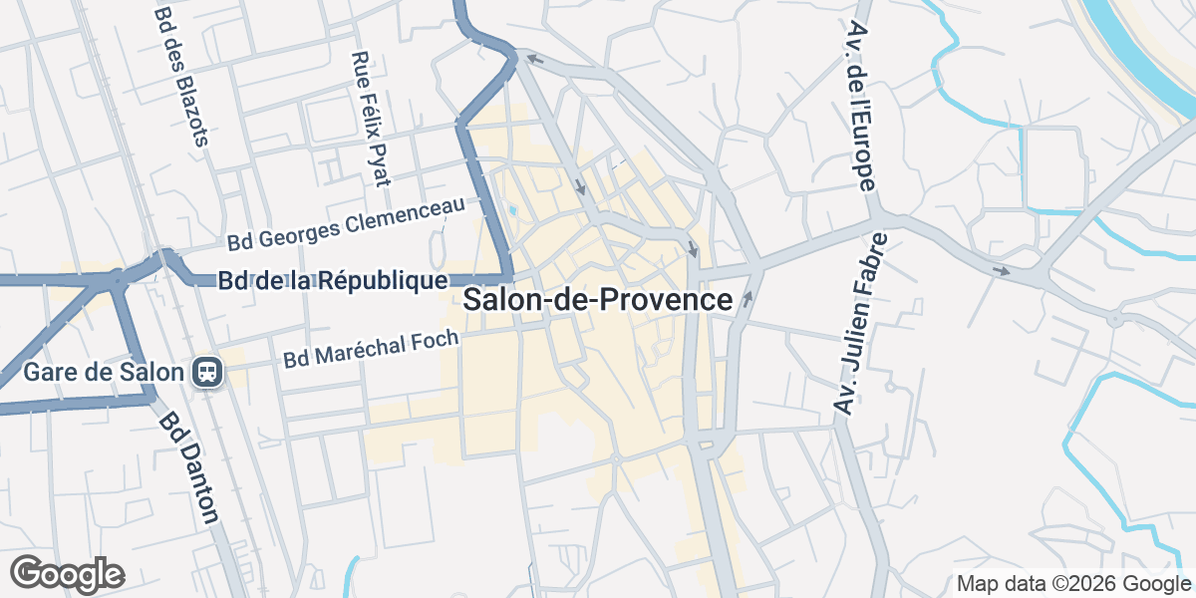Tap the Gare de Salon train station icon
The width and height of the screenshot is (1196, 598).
(208, 373)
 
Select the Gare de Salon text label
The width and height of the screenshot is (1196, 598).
(105, 373)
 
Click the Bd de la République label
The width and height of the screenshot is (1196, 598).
(333, 281)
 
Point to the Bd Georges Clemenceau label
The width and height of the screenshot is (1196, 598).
(346, 224)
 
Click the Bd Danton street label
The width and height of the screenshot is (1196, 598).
(188, 468)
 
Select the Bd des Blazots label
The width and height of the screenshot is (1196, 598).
(180, 76)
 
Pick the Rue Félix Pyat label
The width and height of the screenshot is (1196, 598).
(370, 120)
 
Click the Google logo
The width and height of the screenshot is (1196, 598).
(67, 574)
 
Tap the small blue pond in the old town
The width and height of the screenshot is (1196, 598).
(512, 210)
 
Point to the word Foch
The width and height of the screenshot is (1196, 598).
(438, 340)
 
